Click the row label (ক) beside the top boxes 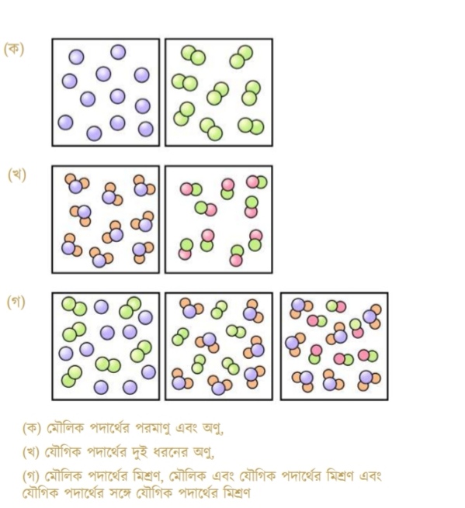click(14, 50)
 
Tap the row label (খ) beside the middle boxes click(17, 175)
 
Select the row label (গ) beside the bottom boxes click(16, 302)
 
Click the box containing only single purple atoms click(106, 92)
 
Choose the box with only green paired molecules click(219, 92)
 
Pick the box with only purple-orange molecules click(106, 219)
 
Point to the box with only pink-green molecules click(219, 219)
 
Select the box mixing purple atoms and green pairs click(106, 347)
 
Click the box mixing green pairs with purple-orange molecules click(219, 347)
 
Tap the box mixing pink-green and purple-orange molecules click(335, 347)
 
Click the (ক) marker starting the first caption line click(32, 429)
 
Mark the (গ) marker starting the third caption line click(31, 476)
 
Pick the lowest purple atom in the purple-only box click(95, 133)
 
